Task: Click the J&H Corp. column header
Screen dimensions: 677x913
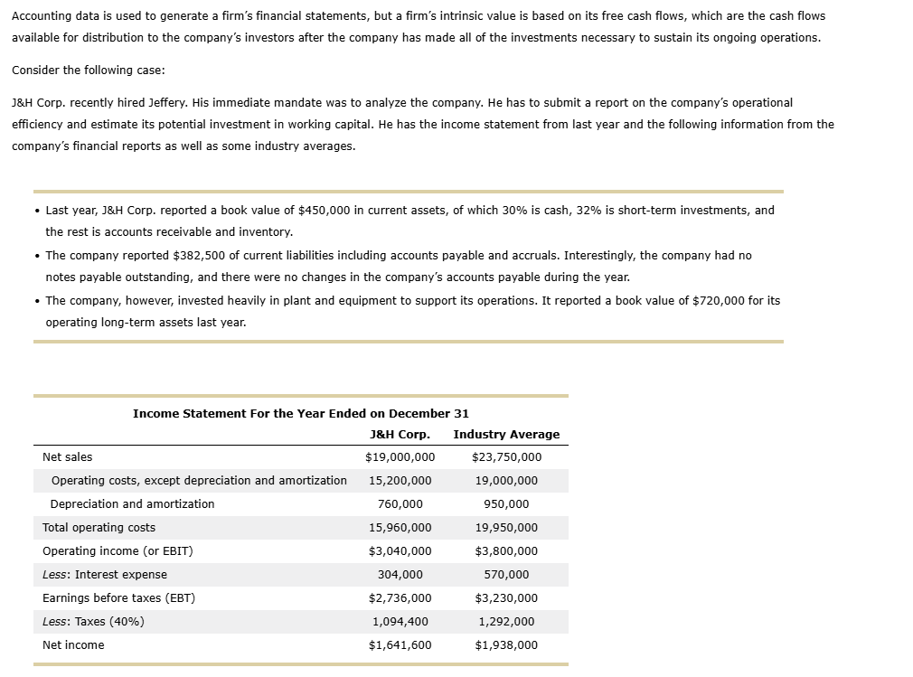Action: tap(400, 435)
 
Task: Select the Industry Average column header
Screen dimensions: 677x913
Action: tap(506, 435)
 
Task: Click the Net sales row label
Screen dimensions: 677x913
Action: tap(67, 457)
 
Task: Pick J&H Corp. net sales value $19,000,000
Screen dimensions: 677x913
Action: tap(400, 457)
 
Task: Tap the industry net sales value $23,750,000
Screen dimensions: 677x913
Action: tap(506, 457)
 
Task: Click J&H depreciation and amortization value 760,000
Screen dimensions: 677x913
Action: tap(400, 504)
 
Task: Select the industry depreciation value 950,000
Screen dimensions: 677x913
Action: tap(506, 504)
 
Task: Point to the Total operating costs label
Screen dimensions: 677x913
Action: tap(99, 528)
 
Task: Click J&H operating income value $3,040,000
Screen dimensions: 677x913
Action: tap(400, 551)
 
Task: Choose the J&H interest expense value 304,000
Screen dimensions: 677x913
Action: tap(400, 575)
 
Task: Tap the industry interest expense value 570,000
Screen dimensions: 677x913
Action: tap(506, 575)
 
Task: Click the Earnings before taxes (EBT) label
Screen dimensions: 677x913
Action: tap(118, 598)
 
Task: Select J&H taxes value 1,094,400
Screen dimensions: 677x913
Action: tap(400, 622)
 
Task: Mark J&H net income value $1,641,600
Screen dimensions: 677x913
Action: tap(400, 645)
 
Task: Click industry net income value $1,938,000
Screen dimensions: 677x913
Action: tap(506, 645)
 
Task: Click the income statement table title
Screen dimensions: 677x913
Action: tap(300, 413)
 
